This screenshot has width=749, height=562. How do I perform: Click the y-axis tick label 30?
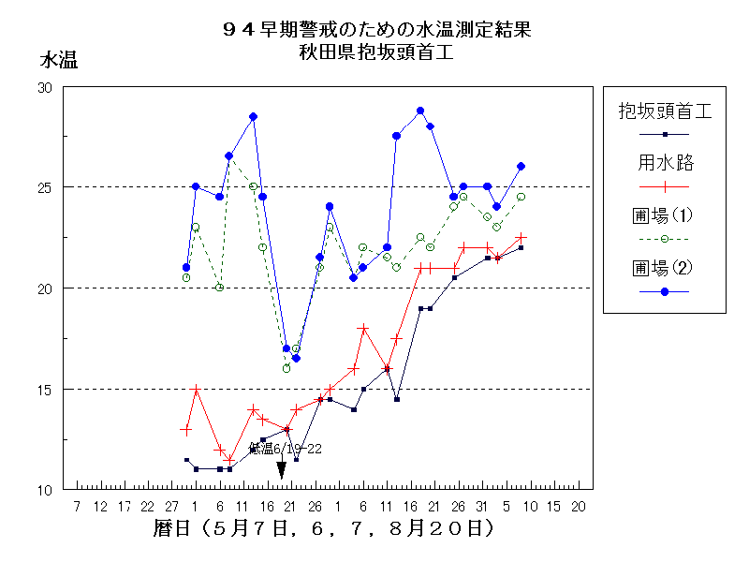tap(44, 87)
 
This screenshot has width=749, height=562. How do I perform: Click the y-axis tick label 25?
tap(44, 187)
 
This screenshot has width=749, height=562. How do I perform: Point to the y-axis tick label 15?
tap(44, 389)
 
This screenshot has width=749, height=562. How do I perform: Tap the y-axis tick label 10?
tap(44, 490)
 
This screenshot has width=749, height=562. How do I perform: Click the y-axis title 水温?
tap(57, 61)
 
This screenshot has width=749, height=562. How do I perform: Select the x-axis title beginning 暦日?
tap(323, 529)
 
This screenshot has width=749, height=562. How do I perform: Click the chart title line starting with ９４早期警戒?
tap(374, 29)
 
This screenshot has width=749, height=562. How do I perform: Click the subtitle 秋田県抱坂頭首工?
tap(374, 52)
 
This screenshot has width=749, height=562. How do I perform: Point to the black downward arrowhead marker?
tap(281, 469)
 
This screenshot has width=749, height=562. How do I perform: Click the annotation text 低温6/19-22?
tap(286, 449)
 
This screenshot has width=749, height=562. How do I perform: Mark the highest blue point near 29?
tap(420, 111)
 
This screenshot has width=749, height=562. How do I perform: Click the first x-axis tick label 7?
tap(77, 507)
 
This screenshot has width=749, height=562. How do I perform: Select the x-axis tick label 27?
tap(171, 507)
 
